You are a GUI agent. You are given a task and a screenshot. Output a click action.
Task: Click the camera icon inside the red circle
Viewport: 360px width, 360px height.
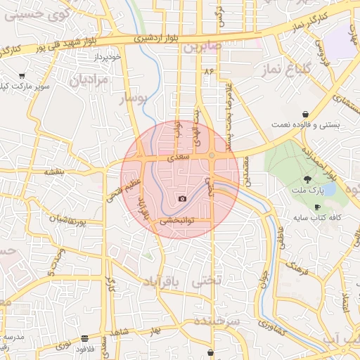183,199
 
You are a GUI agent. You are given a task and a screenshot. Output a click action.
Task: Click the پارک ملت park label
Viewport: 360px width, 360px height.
307,191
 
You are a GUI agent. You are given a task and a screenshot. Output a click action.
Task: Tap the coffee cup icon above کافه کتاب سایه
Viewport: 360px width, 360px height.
317,207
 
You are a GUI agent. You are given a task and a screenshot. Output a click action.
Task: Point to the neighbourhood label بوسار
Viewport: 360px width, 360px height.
133,98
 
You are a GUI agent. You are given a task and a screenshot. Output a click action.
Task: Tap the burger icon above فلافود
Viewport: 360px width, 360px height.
85,338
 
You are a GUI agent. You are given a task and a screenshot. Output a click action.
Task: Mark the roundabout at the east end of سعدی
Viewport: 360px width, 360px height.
212,155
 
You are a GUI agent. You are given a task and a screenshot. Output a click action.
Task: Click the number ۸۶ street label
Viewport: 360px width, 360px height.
208,72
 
